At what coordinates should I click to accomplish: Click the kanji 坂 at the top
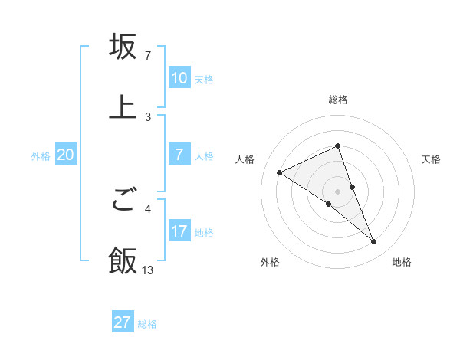pyautogui.click(x=123, y=47)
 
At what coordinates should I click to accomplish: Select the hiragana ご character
pyautogui.click(x=123, y=201)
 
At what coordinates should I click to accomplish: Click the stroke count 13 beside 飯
pyautogui.click(x=148, y=270)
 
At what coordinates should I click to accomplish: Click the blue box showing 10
pyautogui.click(x=179, y=78)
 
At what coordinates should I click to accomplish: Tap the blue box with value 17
pyautogui.click(x=179, y=231)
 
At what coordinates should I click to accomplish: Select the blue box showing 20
pyautogui.click(x=66, y=155)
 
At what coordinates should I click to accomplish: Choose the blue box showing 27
pyautogui.click(x=123, y=322)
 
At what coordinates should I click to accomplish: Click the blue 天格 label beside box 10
pyautogui.click(x=204, y=79)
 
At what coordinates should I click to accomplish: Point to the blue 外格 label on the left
pyautogui.click(x=41, y=155)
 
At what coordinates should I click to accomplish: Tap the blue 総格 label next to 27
pyautogui.click(x=147, y=324)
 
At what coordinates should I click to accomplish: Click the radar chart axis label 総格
pyautogui.click(x=338, y=100)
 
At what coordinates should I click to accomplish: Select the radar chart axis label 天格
pyautogui.click(x=432, y=159)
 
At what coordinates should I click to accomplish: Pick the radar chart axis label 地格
pyautogui.click(x=402, y=263)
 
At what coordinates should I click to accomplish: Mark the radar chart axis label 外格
pyautogui.click(x=270, y=263)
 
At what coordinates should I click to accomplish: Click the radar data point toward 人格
pyautogui.click(x=280, y=172)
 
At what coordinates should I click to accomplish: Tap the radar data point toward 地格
pyautogui.click(x=374, y=242)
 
